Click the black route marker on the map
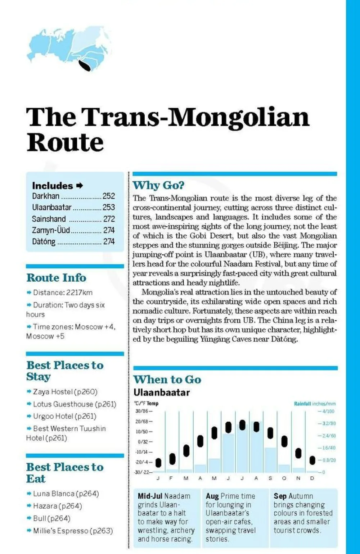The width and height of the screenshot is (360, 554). (85, 65)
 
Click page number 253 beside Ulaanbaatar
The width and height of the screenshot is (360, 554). (108, 207)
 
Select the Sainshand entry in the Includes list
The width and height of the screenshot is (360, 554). (49, 219)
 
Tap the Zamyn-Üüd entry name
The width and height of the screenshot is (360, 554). (51, 230)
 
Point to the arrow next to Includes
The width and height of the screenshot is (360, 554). (80, 186)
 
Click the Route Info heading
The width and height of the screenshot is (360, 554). (56, 278)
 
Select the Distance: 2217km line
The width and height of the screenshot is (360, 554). (63, 292)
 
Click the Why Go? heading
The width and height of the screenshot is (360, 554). (158, 185)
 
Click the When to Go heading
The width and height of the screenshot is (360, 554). (167, 380)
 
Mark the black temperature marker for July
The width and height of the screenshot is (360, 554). (242, 425)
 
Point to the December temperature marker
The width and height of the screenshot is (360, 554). (312, 460)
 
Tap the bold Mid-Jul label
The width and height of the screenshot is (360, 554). (150, 496)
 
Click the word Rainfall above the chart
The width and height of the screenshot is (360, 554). (302, 404)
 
